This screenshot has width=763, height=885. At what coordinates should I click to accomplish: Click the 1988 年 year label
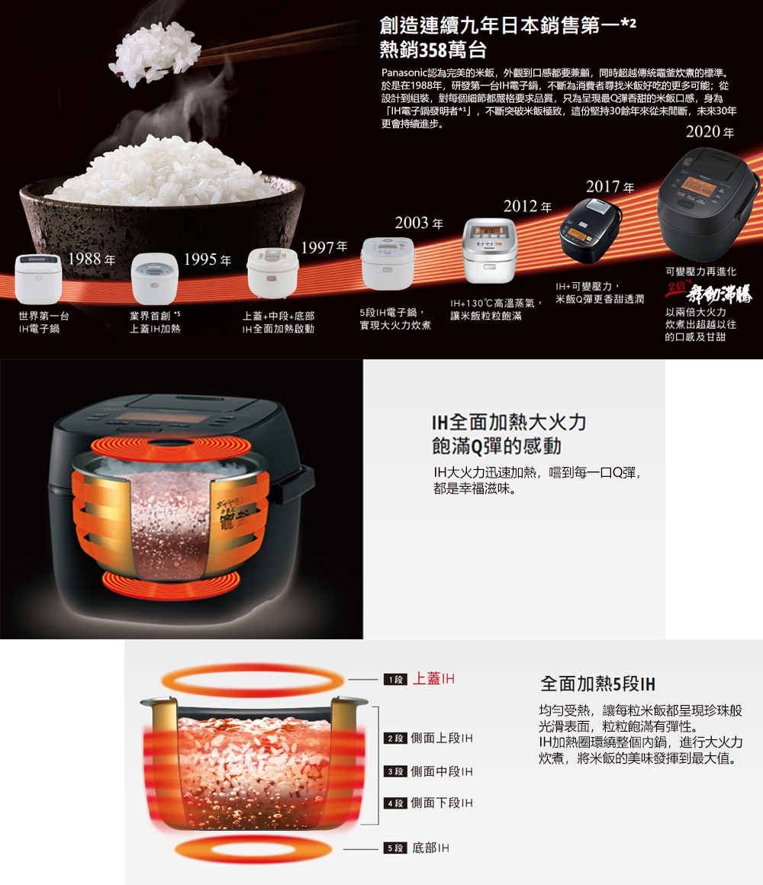coord(92,259)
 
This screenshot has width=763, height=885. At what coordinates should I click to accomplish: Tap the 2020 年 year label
coord(710,132)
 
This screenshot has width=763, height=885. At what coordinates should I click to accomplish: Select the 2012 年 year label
coord(526,208)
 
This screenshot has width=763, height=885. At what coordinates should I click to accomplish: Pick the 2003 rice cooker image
coord(387,263)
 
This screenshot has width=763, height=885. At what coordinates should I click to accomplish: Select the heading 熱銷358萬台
coord(433,50)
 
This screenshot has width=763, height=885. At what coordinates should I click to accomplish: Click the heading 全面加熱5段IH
coord(597,682)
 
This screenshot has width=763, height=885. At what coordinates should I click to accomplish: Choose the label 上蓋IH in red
coord(433,679)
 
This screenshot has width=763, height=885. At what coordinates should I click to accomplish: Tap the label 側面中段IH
coord(441,771)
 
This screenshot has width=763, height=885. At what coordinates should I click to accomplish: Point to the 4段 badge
coord(394,803)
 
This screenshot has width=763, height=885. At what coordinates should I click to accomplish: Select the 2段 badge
coord(394,739)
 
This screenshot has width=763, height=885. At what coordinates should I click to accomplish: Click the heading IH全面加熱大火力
coord(509,422)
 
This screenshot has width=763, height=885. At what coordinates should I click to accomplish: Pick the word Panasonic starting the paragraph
coord(407,72)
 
